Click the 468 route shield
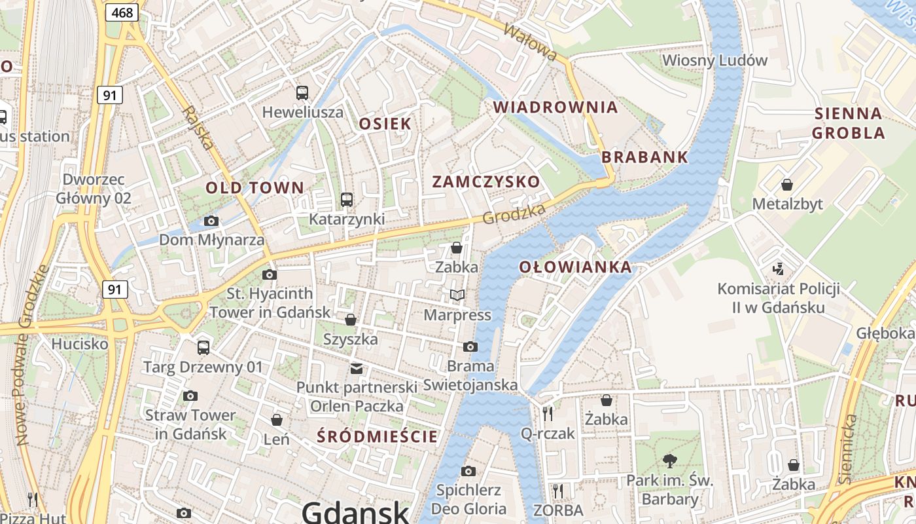122,12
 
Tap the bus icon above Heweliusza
302,93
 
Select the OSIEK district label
385,124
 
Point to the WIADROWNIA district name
555,107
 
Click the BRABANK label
644,157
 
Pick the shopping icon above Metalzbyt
787,185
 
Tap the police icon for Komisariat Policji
778,269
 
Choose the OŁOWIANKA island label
576,267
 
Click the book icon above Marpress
457,295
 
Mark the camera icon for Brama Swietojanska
470,346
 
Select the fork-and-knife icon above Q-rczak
548,413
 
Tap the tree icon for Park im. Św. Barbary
669,460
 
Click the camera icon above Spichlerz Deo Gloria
468,471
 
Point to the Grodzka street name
514,214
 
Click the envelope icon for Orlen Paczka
356,368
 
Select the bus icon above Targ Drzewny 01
203,348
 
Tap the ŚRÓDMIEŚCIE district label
377,437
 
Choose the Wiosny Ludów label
714,61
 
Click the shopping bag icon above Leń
277,419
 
